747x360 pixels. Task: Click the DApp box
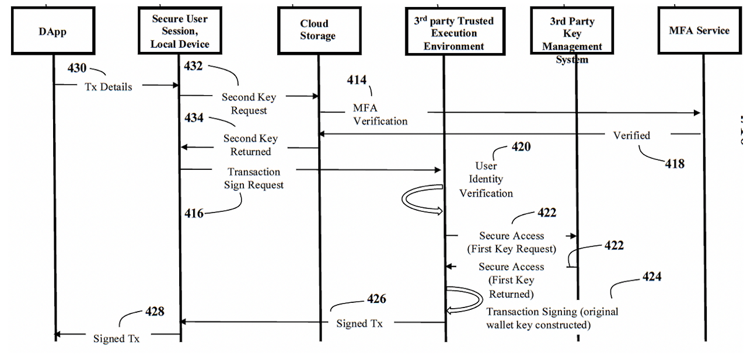tap(53, 32)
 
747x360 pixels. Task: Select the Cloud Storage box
tap(318, 30)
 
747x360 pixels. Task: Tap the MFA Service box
tap(699, 30)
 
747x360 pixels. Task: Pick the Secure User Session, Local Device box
tap(180, 32)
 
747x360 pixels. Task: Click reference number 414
tap(357, 80)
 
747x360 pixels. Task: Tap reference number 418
tap(674, 163)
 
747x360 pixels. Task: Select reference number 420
tap(521, 147)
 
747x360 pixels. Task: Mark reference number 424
tap(652, 277)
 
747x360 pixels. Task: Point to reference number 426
tap(376, 299)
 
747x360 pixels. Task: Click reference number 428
tap(155, 312)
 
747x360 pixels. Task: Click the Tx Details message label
tap(109, 87)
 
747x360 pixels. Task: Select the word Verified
tap(631, 135)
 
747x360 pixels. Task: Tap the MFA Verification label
tap(380, 114)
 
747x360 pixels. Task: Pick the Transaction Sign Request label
tap(254, 179)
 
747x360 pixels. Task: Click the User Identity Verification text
tap(486, 179)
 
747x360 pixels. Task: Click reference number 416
tap(194, 214)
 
